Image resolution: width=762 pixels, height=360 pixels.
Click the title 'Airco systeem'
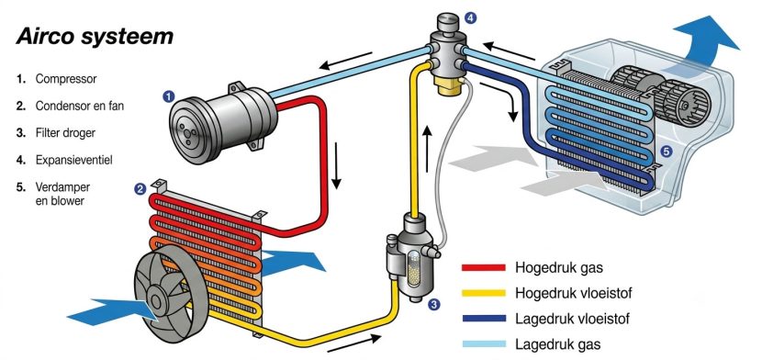[95, 37]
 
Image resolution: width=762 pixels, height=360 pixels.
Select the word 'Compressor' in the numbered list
[66, 79]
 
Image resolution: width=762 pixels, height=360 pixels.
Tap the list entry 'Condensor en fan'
[80, 106]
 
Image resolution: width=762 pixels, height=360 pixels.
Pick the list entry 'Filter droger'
[65, 132]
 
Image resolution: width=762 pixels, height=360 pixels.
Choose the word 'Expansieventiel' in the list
[73, 160]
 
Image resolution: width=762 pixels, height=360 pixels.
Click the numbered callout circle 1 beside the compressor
[168, 96]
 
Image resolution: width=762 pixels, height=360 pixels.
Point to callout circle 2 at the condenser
[140, 189]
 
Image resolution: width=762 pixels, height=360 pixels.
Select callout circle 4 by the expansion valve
[469, 18]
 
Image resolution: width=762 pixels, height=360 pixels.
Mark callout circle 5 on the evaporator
[667, 152]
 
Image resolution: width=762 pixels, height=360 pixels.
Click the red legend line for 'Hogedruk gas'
[484, 267]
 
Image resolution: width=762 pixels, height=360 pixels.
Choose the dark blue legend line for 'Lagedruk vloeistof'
[484, 319]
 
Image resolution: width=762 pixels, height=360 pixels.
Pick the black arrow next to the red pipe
[336, 165]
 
